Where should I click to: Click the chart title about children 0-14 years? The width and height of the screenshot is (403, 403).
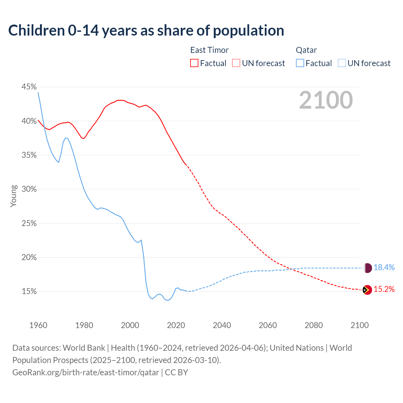pos(146,31)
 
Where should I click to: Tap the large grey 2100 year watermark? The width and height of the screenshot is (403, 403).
pos(326,100)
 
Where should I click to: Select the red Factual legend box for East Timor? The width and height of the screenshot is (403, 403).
pos(194,63)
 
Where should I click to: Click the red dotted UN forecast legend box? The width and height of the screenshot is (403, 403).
pos(236,63)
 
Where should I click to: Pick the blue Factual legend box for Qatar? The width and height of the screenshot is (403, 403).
pos(300,63)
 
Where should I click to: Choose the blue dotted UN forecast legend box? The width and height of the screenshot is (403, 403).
pos(342,63)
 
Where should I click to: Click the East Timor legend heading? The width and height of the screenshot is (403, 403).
pos(209,50)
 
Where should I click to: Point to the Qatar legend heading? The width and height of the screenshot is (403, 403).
pos(306,50)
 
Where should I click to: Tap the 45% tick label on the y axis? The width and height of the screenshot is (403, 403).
pos(29,87)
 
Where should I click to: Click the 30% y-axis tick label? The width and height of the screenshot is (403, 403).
pos(29,189)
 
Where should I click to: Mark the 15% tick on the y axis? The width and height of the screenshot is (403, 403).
pos(29,292)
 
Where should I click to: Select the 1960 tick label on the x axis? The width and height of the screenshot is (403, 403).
pos(38,325)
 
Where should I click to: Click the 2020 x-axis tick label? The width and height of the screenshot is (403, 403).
pos(176,325)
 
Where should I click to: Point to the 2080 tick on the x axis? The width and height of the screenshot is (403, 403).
pos(314,325)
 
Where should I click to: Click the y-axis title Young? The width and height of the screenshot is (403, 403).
pos(13,196)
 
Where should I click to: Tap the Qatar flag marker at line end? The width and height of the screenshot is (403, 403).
pos(367,268)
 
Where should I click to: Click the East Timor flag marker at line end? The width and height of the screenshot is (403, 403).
pos(367,290)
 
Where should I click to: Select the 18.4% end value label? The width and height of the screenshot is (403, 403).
pos(384,268)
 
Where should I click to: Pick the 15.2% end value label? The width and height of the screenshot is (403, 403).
pos(384,289)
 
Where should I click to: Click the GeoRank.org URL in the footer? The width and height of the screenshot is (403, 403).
pos(86,372)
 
